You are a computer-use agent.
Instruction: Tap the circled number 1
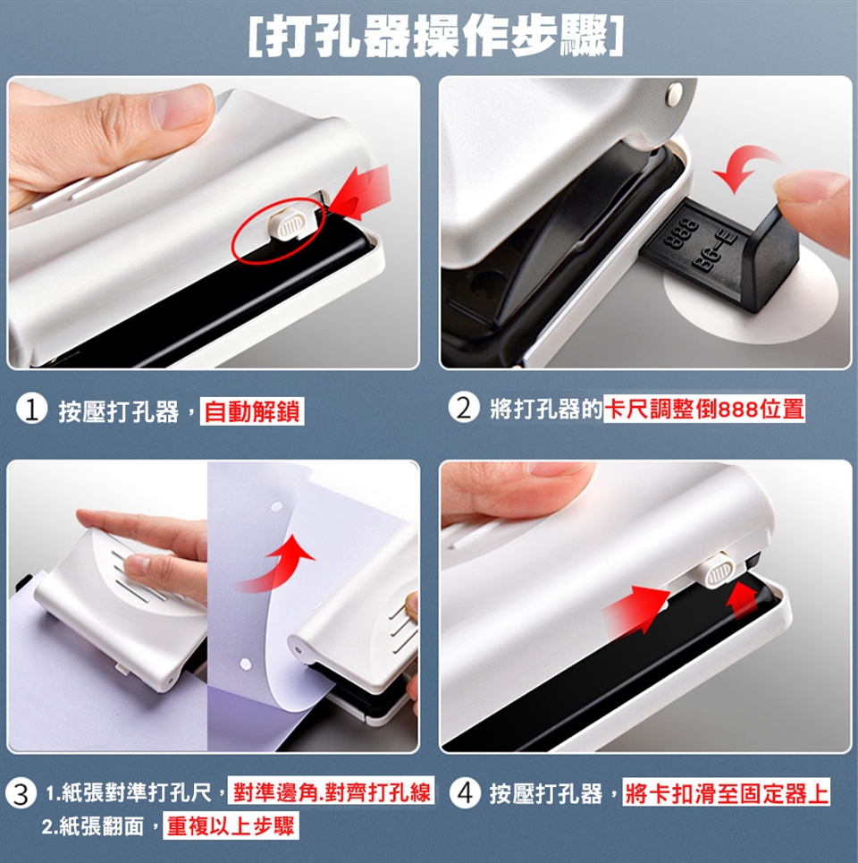31,410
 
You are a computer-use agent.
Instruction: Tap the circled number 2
464,408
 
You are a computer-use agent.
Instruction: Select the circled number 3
21,794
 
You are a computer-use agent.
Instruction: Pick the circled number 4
465,793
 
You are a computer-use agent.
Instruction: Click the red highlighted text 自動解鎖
252,411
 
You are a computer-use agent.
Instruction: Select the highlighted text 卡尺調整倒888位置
704,409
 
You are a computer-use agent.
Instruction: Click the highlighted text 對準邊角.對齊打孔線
331,792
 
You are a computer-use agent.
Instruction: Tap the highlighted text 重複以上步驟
231,825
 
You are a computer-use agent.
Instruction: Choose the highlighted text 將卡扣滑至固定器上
726,793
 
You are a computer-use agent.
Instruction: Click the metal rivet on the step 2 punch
673,94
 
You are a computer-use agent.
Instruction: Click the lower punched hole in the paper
246,664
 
